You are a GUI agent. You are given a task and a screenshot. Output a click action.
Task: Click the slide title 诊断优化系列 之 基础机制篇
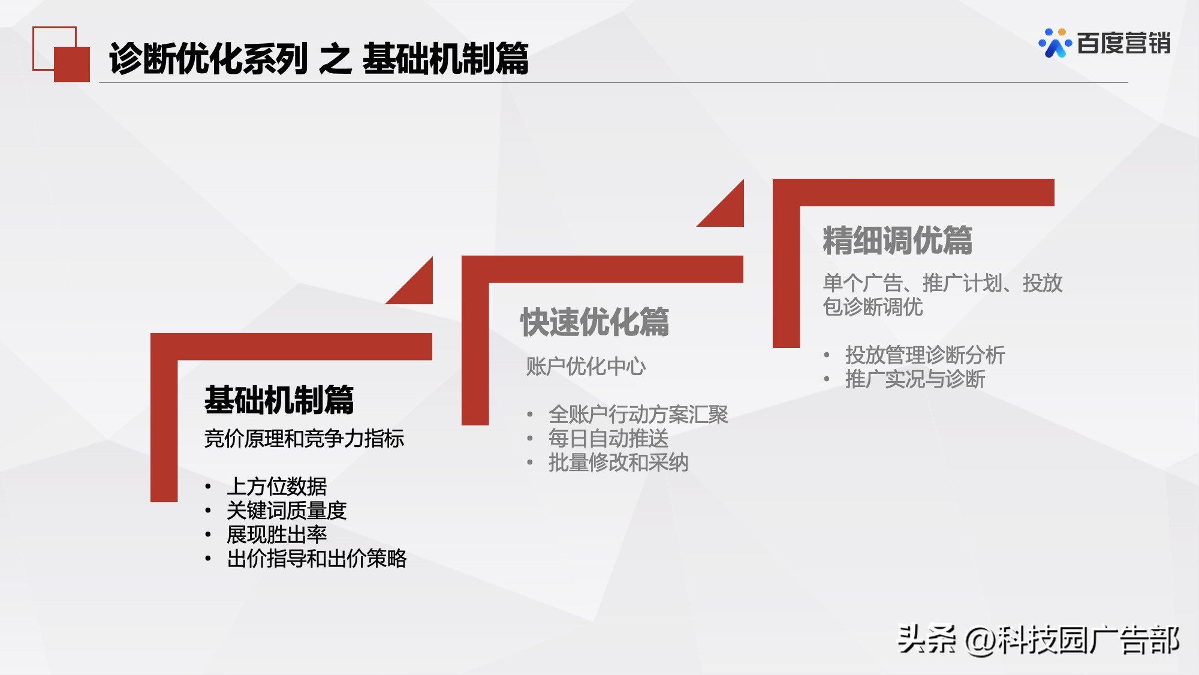point(318,59)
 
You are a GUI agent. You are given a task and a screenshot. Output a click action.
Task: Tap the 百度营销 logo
point(1104,43)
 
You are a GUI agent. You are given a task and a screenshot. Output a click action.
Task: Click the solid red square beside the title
point(72,64)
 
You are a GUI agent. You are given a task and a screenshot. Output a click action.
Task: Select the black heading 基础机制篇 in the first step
point(279,400)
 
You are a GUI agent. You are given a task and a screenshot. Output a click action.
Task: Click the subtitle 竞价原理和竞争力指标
point(304,439)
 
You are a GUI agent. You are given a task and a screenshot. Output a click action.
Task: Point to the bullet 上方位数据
point(276,487)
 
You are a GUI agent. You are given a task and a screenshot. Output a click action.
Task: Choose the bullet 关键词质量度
point(287,511)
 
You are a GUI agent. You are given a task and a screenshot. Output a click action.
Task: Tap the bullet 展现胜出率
point(276,535)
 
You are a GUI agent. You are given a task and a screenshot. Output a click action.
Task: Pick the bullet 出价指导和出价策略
point(317,559)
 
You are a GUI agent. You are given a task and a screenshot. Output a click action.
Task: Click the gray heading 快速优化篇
point(594,322)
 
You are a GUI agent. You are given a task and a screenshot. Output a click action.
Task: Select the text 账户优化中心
point(586,366)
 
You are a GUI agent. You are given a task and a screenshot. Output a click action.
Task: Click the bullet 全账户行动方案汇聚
point(638,415)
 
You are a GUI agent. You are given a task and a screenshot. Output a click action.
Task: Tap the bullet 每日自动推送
point(608,439)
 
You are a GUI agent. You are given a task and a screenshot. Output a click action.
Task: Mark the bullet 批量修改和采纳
point(618,463)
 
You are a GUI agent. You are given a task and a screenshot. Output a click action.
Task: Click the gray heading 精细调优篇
point(897,241)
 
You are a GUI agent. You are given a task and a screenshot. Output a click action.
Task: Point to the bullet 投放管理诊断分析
point(924,355)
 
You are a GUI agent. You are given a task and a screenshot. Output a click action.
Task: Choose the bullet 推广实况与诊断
point(915,379)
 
